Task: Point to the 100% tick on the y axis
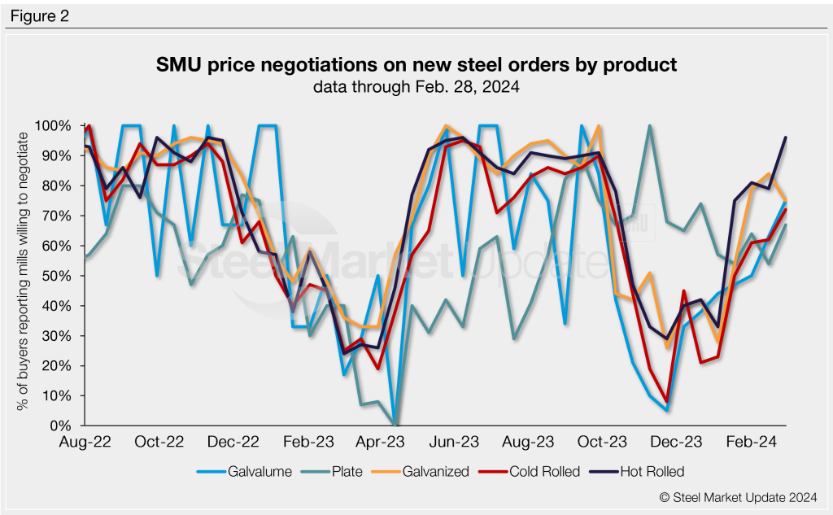point(55,125)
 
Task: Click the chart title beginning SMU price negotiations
point(416,64)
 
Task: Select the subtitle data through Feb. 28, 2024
point(416,85)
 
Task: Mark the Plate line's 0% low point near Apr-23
point(396,424)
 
